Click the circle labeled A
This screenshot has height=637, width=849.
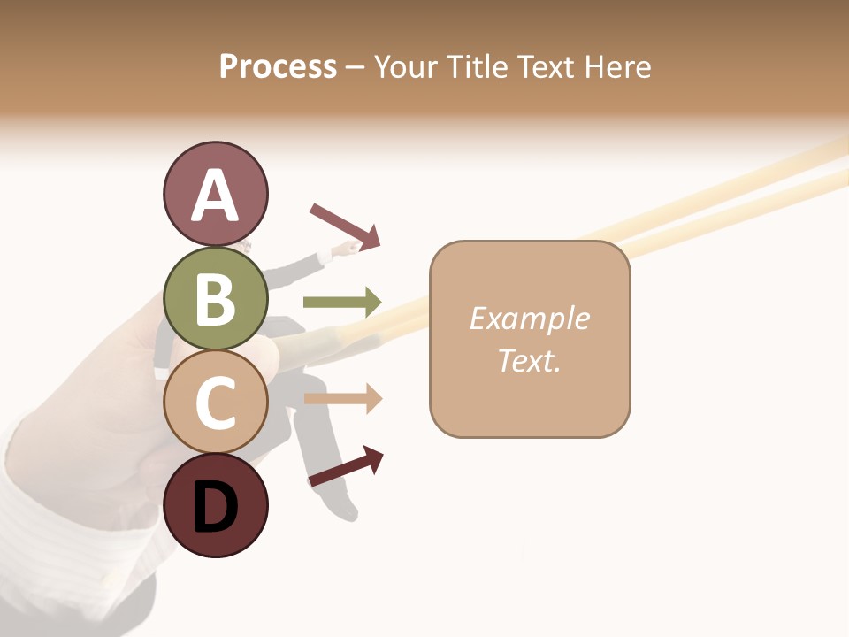tap(215, 194)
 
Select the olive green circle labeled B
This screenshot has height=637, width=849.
tap(215, 298)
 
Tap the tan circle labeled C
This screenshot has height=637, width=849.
tap(215, 403)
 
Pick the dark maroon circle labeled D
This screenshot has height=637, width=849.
tap(215, 505)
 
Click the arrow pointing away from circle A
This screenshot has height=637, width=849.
tap(345, 226)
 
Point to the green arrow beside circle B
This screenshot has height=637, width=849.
tap(342, 302)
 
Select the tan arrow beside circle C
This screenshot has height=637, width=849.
tap(342, 399)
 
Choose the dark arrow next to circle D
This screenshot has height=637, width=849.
tap(346, 465)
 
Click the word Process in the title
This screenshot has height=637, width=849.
tap(278, 66)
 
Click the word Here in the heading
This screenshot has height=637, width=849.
tap(618, 66)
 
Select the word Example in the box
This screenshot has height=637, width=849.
tap(529, 318)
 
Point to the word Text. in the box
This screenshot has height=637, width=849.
tap(529, 360)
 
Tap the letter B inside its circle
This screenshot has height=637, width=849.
tap(215, 299)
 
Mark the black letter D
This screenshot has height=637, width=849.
tap(215, 507)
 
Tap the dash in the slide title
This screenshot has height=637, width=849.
tap(356, 67)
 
